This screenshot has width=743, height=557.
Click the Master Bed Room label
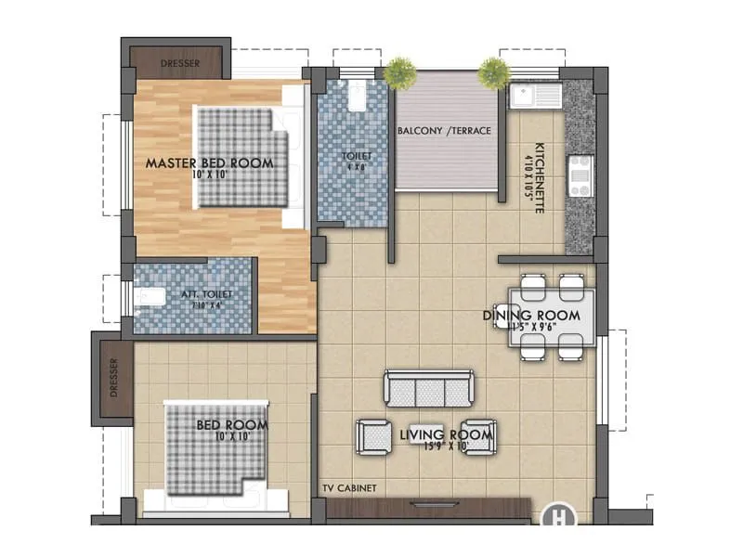pyautogui.click(x=209, y=162)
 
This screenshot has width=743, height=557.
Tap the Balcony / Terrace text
pyautogui.click(x=444, y=131)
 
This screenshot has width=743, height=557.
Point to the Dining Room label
pyautogui.click(x=531, y=316)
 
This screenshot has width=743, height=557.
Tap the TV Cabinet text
pyautogui.click(x=349, y=487)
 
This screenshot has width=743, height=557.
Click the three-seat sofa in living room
pyautogui.click(x=429, y=388)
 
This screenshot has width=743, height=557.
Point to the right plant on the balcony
pyautogui.click(x=493, y=71)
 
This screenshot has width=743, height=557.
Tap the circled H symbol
pyautogui.click(x=558, y=514)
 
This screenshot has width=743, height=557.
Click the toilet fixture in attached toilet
pyautogui.click(x=148, y=297)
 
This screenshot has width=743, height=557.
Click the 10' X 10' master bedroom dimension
pyautogui.click(x=209, y=175)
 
